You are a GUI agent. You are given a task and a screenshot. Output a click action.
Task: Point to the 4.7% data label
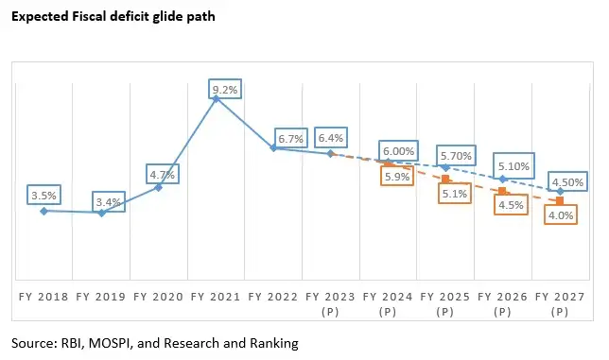point(162,174)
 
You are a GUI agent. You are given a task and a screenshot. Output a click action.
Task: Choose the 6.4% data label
point(331,138)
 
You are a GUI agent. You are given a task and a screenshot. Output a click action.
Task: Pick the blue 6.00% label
point(397,151)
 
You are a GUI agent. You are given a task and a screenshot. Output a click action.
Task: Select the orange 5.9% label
point(395,176)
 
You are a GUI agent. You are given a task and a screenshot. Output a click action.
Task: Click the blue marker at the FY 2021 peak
point(216,98)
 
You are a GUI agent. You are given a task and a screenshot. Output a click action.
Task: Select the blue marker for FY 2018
point(43,211)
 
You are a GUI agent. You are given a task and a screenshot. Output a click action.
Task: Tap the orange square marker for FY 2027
point(560,200)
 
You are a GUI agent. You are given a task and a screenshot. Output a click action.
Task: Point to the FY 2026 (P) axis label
point(502,302)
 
